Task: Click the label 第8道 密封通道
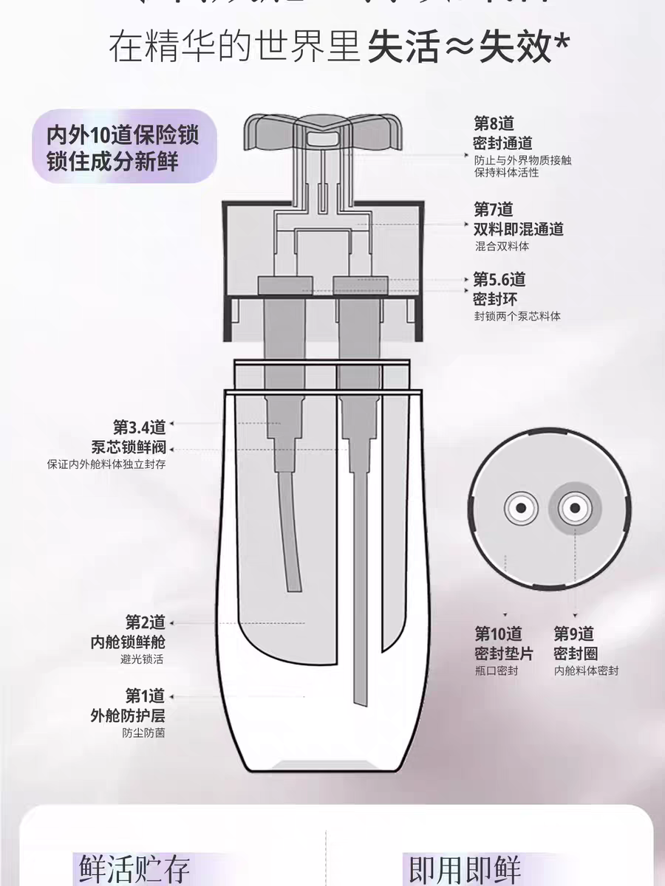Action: [x=502, y=134]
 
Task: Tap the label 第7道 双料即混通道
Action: [x=518, y=219]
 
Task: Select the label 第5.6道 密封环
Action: [x=499, y=289]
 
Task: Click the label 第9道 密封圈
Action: [x=575, y=644]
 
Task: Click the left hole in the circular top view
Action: [x=519, y=508]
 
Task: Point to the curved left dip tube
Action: [x=289, y=532]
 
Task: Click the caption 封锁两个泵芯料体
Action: [x=517, y=316]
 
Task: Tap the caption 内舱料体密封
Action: [x=586, y=671]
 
